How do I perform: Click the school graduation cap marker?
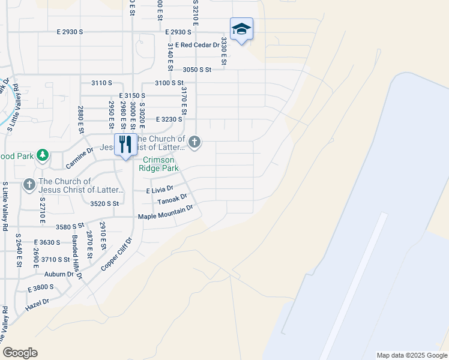(241, 29)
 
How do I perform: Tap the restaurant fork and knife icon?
(125, 145)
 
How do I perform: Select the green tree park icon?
(43, 156)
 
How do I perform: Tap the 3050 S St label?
(197, 70)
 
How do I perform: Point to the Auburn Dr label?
(62, 274)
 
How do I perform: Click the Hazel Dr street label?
(36, 306)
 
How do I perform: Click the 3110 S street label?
(101, 83)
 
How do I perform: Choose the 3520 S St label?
(104, 204)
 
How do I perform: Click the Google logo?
(20, 353)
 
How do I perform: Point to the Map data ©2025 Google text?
(411, 355)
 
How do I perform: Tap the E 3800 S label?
(41, 288)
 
